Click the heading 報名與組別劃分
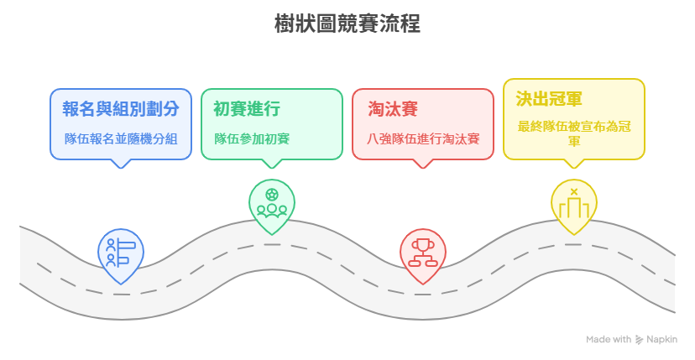[121, 108]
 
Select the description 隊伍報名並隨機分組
[121, 138]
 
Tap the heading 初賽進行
[246, 108]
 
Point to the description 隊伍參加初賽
[252, 138]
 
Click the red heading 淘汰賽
[393, 108]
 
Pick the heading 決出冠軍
[548, 100]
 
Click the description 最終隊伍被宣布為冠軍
[574, 133]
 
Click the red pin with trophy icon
[421, 253]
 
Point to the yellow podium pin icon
[574, 206]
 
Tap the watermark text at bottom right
[630, 339]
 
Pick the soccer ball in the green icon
[272, 195]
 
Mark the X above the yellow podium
[574, 192]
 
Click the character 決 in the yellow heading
[523, 100]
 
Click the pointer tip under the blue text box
[121, 164]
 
